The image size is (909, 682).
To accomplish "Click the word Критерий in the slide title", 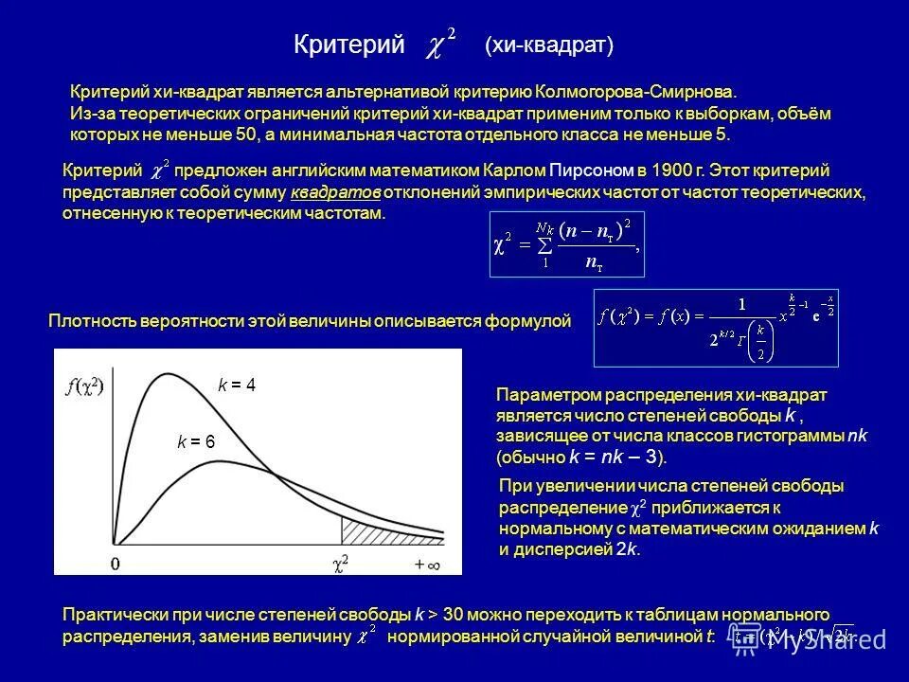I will pos(349,45).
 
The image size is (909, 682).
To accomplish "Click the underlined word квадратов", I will pos(336,192).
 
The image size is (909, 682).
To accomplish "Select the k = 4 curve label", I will pos(237,386).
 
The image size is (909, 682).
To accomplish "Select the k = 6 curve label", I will pos(196,442).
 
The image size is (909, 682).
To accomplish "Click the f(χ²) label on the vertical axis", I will pos(84,386).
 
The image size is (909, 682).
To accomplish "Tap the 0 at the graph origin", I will pos(115,565).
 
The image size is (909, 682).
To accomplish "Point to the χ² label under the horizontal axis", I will pos(339,565).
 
